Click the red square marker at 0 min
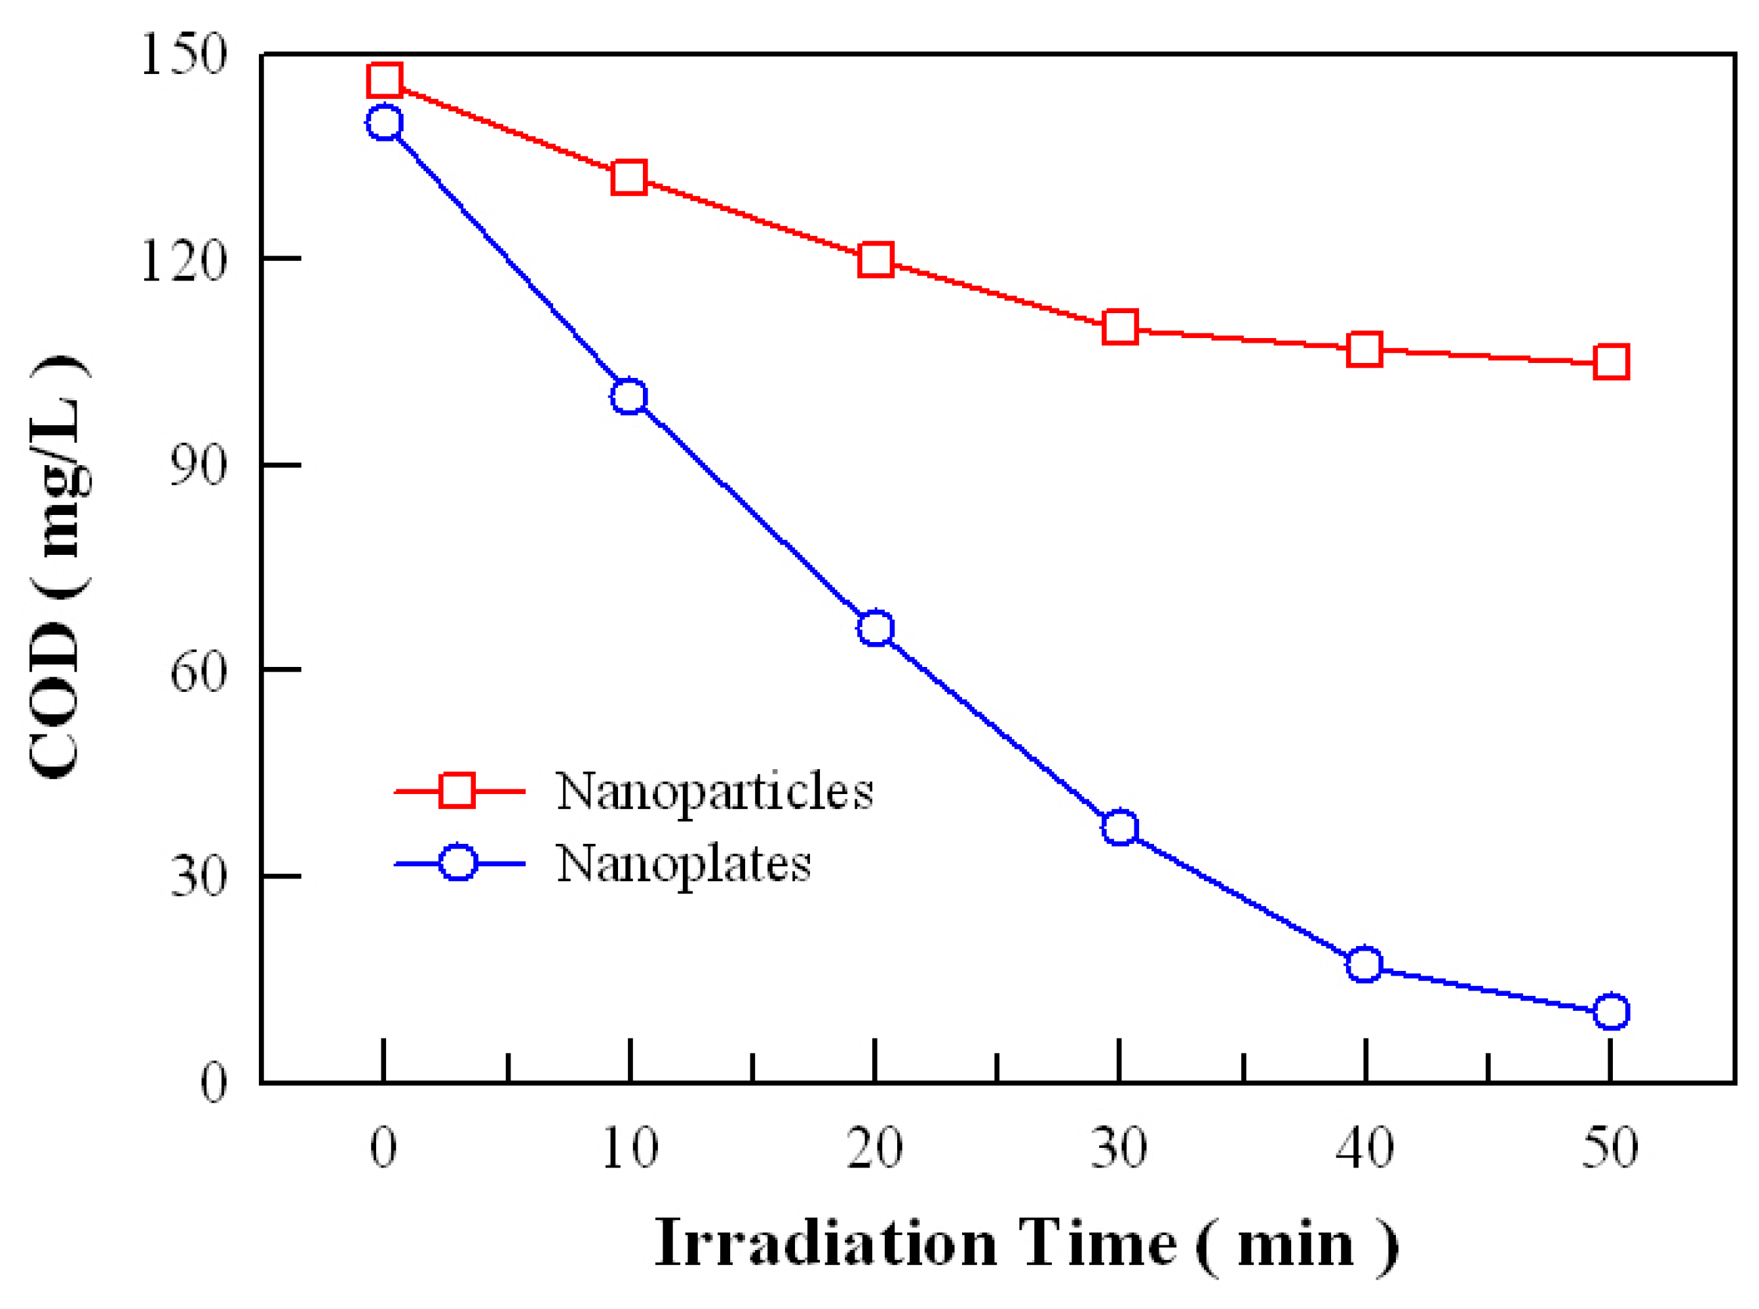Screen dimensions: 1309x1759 [383, 80]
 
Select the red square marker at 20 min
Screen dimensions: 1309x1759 [875, 259]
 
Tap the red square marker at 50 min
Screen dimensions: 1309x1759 [1611, 362]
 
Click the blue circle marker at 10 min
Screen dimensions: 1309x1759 [629, 396]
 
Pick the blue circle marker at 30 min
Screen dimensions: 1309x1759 [1119, 827]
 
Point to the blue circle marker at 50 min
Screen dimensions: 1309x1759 [1611, 1012]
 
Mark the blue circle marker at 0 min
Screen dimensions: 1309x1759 [383, 123]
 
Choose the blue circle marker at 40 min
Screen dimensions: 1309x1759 [1364, 964]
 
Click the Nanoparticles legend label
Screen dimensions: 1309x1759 [714, 791]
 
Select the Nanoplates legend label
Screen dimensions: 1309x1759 [684, 863]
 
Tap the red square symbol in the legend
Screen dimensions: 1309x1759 [457, 790]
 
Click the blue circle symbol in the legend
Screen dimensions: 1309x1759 [457, 862]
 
